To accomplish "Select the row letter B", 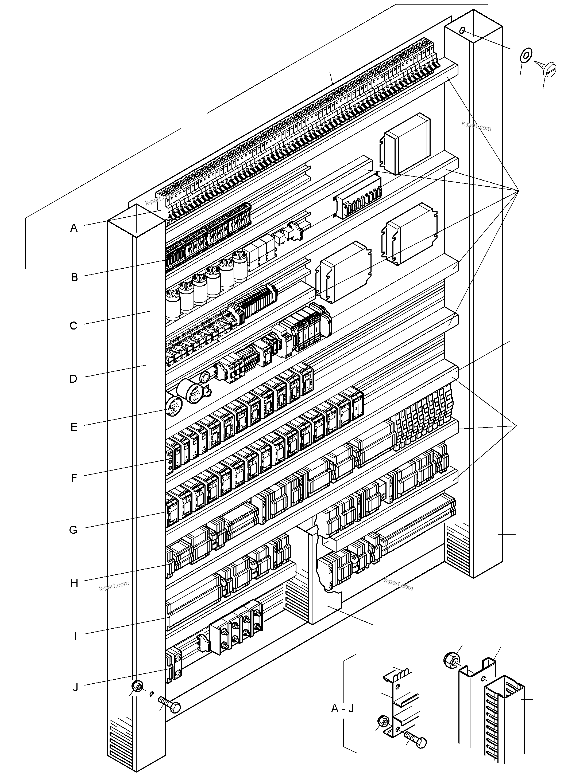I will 74,277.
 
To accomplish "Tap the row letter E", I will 74,427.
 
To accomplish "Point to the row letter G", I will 73,530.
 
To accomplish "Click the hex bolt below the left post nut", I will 169,704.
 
